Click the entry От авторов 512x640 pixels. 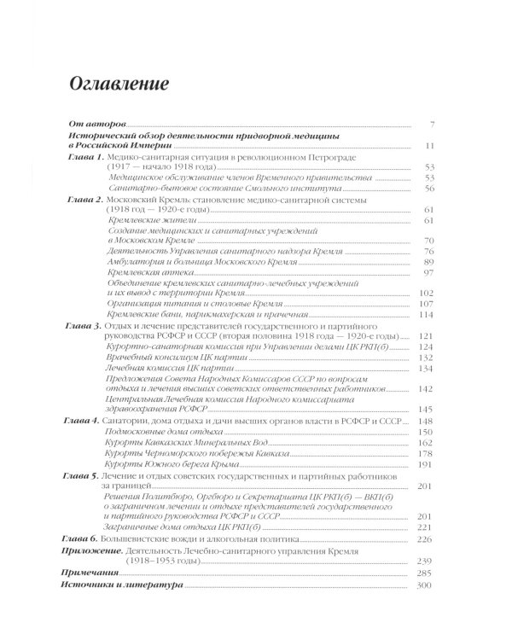pyautogui.click(x=95, y=125)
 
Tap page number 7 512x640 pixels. pyautogui.click(x=433, y=125)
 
